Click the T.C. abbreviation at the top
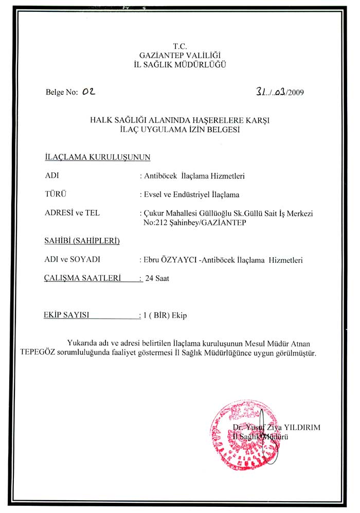click(179, 46)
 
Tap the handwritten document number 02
click(89, 92)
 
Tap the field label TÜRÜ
click(57, 194)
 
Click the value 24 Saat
click(157, 279)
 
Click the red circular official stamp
click(240, 433)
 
